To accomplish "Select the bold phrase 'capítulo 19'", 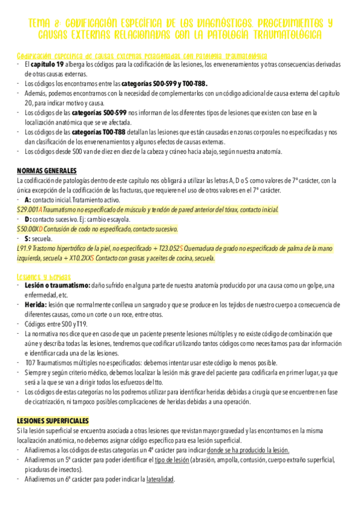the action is pos(47,65).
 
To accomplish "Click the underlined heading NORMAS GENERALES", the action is pos(47,170).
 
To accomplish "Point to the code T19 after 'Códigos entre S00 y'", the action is pos(82,325).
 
